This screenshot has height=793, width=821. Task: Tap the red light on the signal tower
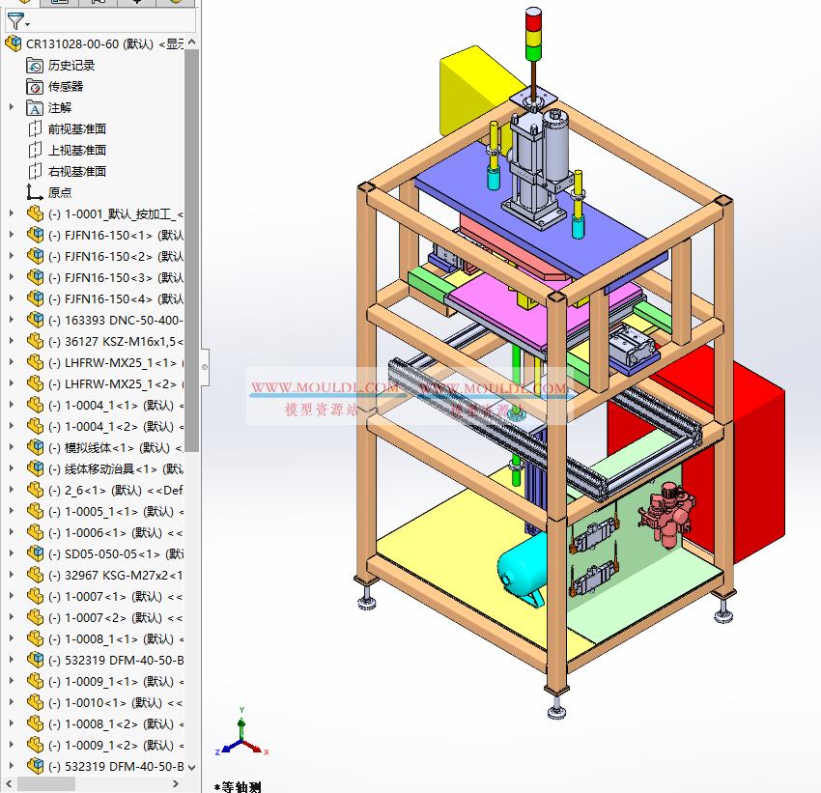click(534, 18)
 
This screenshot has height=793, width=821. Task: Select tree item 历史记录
click(71, 65)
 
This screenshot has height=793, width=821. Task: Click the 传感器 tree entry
click(66, 86)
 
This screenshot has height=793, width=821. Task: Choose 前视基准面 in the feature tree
click(77, 128)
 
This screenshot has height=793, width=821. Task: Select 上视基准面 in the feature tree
click(77, 150)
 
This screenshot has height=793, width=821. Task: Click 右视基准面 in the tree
click(77, 171)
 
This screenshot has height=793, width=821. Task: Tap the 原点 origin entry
click(60, 192)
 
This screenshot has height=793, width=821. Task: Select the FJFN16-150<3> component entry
click(106, 277)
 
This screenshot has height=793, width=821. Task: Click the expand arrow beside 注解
click(12, 107)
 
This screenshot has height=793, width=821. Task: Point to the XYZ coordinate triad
click(241, 739)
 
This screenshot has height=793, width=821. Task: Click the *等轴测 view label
click(238, 786)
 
